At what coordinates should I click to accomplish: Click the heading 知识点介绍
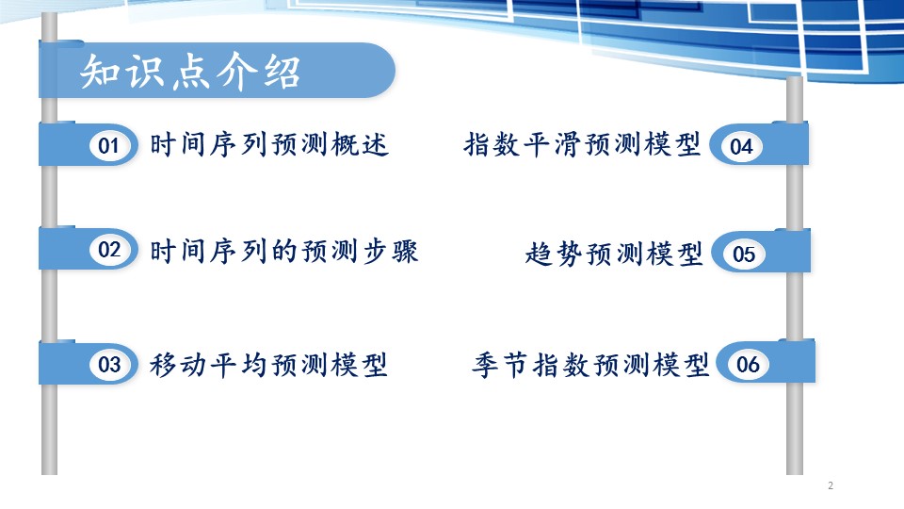click(190, 72)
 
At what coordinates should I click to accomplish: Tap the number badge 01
click(109, 145)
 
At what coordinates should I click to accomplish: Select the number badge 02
click(109, 249)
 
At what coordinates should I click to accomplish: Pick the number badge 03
click(109, 364)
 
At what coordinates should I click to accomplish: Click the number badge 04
click(741, 146)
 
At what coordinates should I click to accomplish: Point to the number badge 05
click(744, 254)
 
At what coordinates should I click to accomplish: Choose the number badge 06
click(747, 364)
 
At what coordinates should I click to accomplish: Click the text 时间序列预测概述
click(269, 144)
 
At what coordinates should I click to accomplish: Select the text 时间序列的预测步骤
click(283, 251)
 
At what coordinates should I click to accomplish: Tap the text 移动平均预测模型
click(268, 365)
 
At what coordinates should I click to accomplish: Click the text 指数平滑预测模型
click(582, 144)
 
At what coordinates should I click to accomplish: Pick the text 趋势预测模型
click(614, 254)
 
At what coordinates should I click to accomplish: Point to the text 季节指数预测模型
click(590, 365)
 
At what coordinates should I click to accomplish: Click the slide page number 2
click(831, 485)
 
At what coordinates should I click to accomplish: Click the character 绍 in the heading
click(282, 73)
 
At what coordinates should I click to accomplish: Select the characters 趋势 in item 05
click(554, 254)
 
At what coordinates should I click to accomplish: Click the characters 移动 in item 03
click(178, 365)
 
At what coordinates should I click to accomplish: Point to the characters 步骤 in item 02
click(390, 251)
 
